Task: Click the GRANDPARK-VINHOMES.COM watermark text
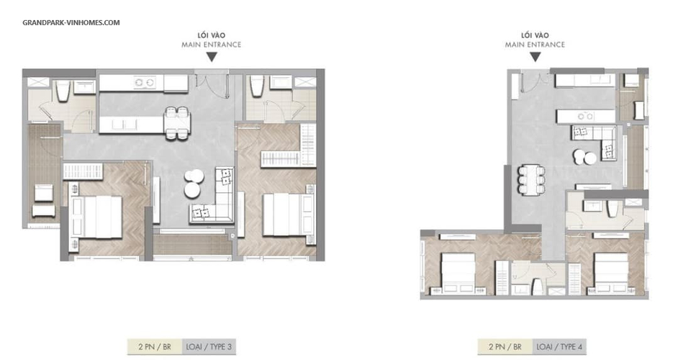point(71,22)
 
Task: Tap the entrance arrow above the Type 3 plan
point(212,57)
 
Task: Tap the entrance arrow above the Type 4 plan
point(535,57)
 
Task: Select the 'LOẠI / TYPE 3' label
point(209,346)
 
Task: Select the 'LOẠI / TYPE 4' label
point(559,346)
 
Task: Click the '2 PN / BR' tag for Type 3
point(155,346)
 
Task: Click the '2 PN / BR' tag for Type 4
point(505,346)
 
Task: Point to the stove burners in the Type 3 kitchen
point(145,82)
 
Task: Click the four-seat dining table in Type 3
point(177,123)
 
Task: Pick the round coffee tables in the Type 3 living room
point(194,184)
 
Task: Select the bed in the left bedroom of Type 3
point(96,217)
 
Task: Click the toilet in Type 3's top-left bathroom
point(63,91)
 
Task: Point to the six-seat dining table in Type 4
point(531,179)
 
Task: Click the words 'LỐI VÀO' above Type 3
point(212,35)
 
